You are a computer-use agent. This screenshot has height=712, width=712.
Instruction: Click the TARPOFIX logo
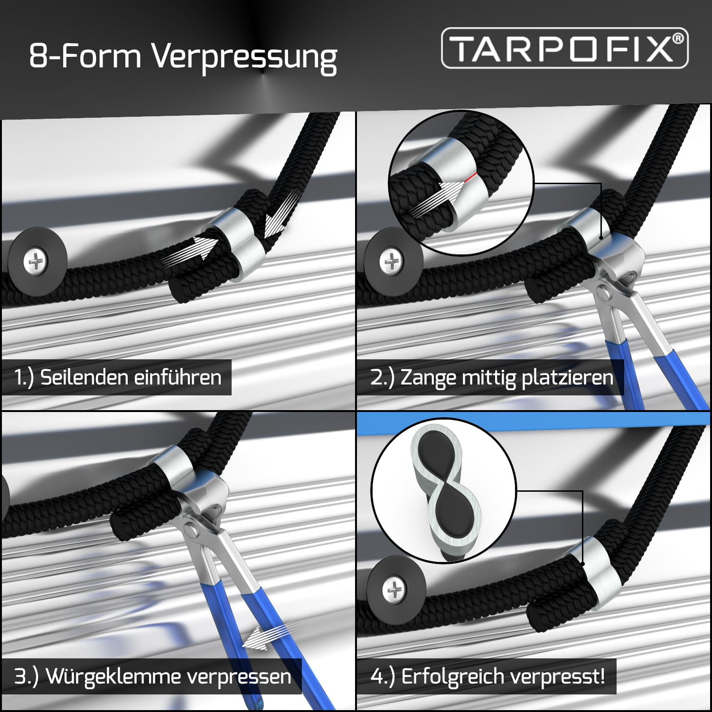(x=565, y=47)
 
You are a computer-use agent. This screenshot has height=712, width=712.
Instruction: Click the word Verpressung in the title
(x=244, y=57)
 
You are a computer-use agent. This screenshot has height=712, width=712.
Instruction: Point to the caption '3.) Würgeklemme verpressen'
(x=152, y=676)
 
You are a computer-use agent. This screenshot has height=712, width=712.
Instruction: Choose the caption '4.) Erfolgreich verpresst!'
(x=487, y=676)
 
